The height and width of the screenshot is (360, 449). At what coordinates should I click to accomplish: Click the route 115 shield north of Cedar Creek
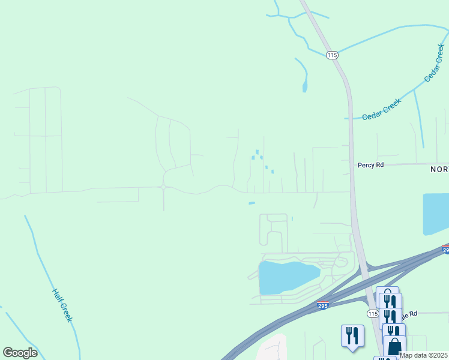click(x=333, y=55)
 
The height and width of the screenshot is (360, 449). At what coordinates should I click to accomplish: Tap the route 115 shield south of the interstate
click(x=372, y=314)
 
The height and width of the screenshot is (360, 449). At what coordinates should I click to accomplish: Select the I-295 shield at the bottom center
click(x=323, y=306)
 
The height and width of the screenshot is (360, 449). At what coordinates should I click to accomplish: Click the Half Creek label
click(x=62, y=305)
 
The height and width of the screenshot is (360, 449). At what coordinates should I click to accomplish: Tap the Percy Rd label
click(x=370, y=165)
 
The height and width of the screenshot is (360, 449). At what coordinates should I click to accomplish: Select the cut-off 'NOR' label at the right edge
click(x=439, y=169)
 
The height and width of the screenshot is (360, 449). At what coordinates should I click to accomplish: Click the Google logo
click(x=20, y=353)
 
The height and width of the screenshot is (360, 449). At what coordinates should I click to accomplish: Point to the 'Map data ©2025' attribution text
click(x=423, y=355)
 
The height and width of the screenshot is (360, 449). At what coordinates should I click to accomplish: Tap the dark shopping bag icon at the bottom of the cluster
click(x=394, y=347)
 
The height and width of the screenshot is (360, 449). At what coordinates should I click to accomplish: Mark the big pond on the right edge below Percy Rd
click(x=436, y=213)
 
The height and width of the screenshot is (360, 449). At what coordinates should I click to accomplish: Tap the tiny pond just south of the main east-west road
click(x=252, y=203)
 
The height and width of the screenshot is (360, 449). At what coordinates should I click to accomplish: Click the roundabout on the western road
click(x=163, y=187)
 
